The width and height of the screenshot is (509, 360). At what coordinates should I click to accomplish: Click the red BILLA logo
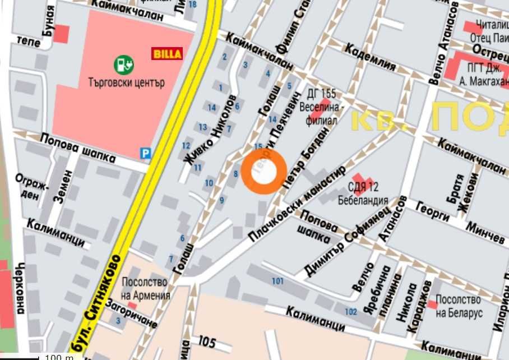pos(167,54)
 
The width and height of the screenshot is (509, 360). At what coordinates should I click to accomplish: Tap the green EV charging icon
pos(124,64)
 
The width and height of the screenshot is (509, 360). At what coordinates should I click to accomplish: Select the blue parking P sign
pos(146,153)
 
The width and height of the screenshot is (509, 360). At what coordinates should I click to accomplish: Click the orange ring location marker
pos(265,172)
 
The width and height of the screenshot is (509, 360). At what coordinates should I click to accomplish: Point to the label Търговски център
pos(126,82)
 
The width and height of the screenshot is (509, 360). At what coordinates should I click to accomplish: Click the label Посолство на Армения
pos(146,289)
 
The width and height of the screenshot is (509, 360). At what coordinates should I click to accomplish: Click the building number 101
pos(277,280)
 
